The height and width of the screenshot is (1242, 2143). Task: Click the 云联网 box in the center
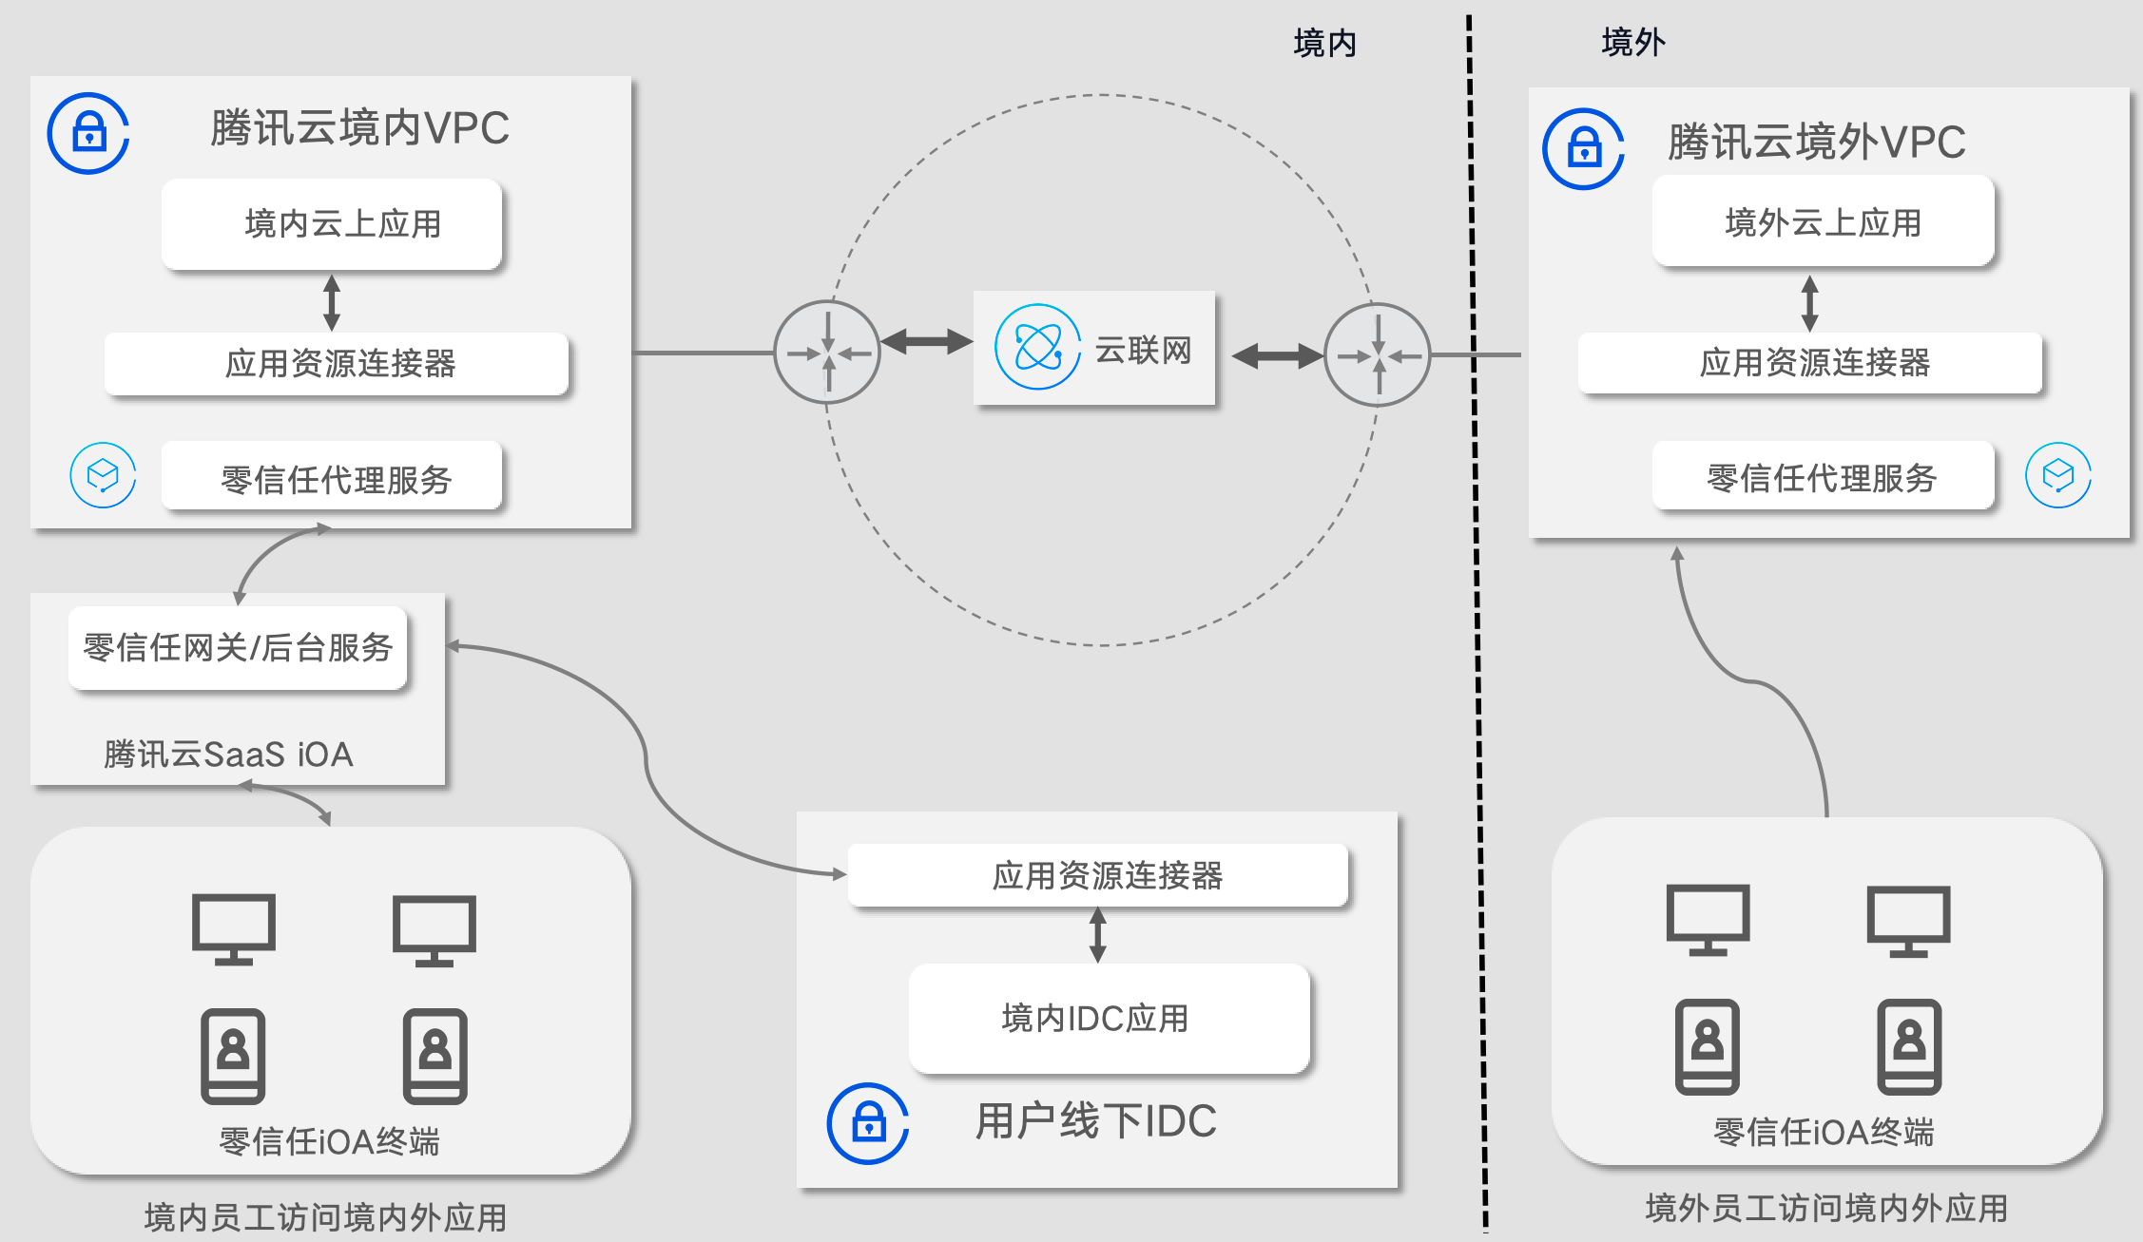(1094, 349)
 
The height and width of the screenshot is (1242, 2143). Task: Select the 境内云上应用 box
(332, 224)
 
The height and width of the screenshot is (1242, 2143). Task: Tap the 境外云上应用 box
(1823, 222)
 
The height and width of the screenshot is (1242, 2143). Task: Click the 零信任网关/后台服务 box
(238, 647)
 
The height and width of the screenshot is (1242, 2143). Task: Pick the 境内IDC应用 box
(1109, 1018)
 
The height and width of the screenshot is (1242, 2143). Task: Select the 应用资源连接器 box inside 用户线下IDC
(1098, 875)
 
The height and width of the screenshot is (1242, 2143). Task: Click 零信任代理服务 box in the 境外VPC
(1823, 477)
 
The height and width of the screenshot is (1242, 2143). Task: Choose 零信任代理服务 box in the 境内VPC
(332, 477)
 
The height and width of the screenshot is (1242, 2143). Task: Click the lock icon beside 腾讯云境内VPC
(88, 133)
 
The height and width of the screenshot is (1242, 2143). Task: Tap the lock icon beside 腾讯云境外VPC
(1583, 149)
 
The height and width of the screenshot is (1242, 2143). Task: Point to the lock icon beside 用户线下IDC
(868, 1123)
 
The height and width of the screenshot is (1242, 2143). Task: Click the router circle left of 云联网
(827, 353)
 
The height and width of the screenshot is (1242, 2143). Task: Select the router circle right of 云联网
(1377, 355)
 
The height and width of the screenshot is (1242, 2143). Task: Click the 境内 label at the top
(1324, 43)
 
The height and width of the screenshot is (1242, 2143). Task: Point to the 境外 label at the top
(1632, 43)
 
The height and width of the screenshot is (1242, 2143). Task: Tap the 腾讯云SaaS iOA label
(228, 755)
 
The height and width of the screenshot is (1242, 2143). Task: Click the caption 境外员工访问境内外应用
(1826, 1209)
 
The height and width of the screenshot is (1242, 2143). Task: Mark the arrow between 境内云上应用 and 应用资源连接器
(332, 302)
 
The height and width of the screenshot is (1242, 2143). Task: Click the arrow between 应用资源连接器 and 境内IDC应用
(1098, 935)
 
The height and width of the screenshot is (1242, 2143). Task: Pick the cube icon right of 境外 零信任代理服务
(2058, 475)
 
